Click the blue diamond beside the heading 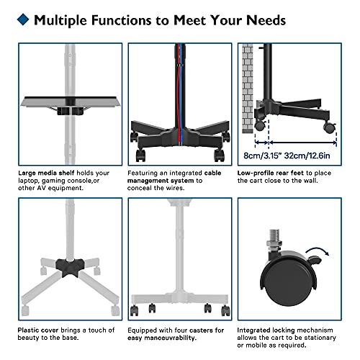23,19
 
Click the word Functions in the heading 121,20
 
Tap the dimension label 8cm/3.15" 262,156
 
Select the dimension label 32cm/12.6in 307,156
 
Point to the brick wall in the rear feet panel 248,89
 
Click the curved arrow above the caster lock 317,251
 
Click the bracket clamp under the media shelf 70,111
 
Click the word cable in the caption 212,173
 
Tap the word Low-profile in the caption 256,173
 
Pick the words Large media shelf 46,173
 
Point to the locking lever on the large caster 315,260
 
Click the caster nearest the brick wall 259,125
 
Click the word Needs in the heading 266,20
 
